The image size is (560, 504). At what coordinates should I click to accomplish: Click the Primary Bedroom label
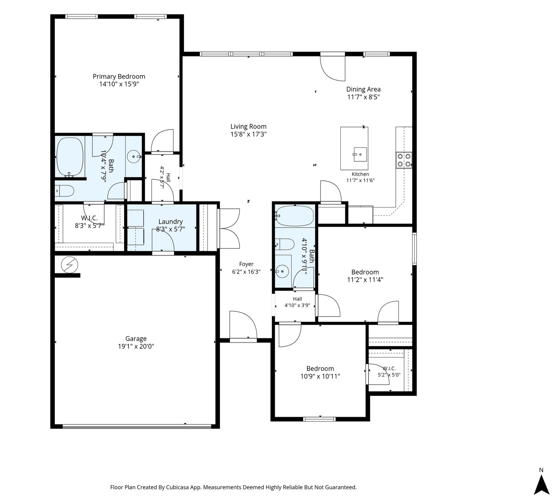[x=119, y=76]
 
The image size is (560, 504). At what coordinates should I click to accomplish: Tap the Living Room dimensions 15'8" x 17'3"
[x=249, y=134]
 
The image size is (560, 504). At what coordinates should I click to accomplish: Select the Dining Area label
[x=364, y=89]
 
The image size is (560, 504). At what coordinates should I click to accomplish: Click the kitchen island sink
[x=360, y=154]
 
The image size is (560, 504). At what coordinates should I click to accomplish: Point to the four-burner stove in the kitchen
[x=404, y=160]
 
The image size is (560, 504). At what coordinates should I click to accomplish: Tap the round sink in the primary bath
[x=134, y=157]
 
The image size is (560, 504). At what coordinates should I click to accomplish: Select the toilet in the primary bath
[x=64, y=191]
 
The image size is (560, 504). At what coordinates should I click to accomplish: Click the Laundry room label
[x=171, y=222]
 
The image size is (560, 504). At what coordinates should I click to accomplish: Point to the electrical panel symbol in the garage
[x=69, y=265]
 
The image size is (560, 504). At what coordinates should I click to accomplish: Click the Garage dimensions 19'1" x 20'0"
[x=136, y=346]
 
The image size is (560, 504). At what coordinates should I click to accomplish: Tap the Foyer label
[x=246, y=264]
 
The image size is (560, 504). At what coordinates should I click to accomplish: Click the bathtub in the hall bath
[x=295, y=216]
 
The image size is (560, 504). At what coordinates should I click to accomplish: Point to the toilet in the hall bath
[x=285, y=244]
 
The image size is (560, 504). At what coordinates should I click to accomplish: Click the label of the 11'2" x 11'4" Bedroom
[x=365, y=272]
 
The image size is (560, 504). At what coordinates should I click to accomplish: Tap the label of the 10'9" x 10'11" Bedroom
[x=320, y=369]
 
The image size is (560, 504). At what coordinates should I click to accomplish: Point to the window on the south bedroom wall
[x=319, y=419]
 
